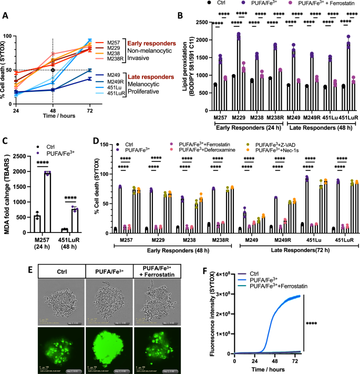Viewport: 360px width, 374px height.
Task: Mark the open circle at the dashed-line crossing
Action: pos(53,70)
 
